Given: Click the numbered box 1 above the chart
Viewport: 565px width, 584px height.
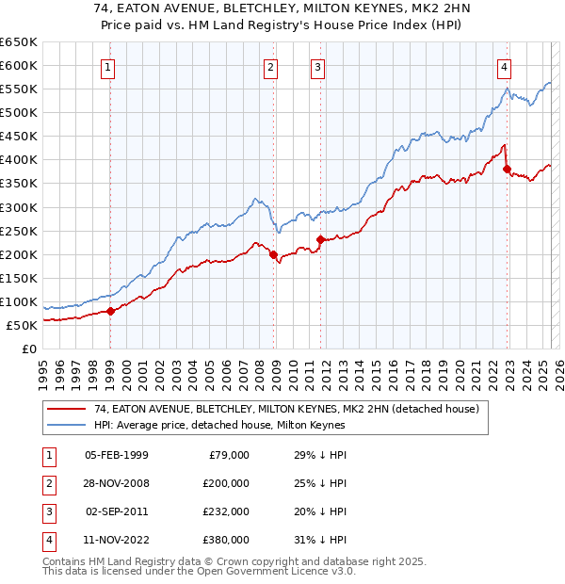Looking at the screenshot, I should (109, 67).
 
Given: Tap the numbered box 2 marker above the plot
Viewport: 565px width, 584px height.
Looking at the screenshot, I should (270, 67).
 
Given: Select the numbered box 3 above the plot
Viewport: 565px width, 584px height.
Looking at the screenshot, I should (317, 67).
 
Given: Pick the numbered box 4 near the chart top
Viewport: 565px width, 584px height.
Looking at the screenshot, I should (505, 67).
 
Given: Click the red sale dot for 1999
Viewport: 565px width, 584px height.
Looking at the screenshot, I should (110, 311).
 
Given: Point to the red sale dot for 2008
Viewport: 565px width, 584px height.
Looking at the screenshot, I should (274, 254).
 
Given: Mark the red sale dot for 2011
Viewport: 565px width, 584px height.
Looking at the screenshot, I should (320, 239).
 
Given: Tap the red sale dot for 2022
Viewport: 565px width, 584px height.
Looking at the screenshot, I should (508, 170).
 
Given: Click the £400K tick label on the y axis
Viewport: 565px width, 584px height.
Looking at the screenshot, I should (19, 160).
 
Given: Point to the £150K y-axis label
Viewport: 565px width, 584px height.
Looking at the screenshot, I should (19, 278).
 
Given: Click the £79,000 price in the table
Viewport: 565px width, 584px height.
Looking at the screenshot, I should (227, 455).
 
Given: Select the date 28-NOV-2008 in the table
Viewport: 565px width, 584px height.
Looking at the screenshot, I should (116, 483).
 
